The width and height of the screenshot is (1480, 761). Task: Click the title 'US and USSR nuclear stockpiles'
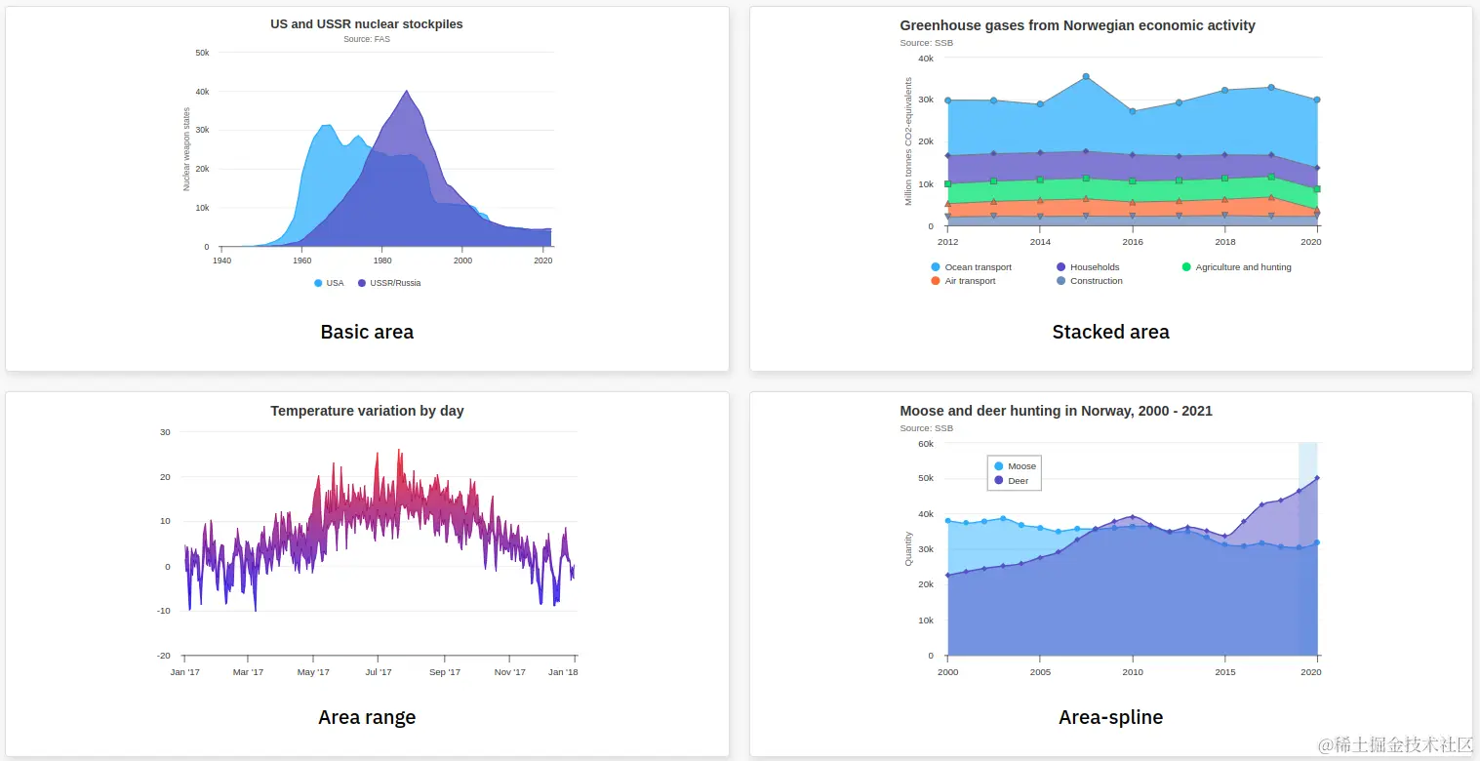tap(367, 23)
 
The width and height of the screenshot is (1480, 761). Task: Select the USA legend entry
tap(329, 283)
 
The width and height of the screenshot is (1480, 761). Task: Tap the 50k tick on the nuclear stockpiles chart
tap(202, 53)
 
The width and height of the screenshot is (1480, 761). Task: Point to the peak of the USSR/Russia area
tap(406, 91)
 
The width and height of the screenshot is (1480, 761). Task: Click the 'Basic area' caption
tap(367, 332)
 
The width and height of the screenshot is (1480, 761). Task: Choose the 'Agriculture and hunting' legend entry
tap(1236, 267)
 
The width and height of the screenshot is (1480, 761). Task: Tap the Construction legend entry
tap(1089, 281)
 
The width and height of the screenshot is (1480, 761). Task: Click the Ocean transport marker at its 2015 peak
tap(1086, 77)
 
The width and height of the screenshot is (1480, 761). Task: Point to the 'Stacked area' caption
tap(1110, 332)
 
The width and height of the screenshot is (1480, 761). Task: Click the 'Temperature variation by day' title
tap(367, 411)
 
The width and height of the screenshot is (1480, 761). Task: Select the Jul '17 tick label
tap(379, 671)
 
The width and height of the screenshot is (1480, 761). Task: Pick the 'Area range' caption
tap(367, 717)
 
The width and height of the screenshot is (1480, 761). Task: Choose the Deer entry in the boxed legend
tap(1012, 480)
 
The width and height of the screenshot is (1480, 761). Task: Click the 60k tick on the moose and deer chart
tap(925, 443)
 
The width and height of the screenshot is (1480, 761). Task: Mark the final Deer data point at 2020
tap(1317, 478)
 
